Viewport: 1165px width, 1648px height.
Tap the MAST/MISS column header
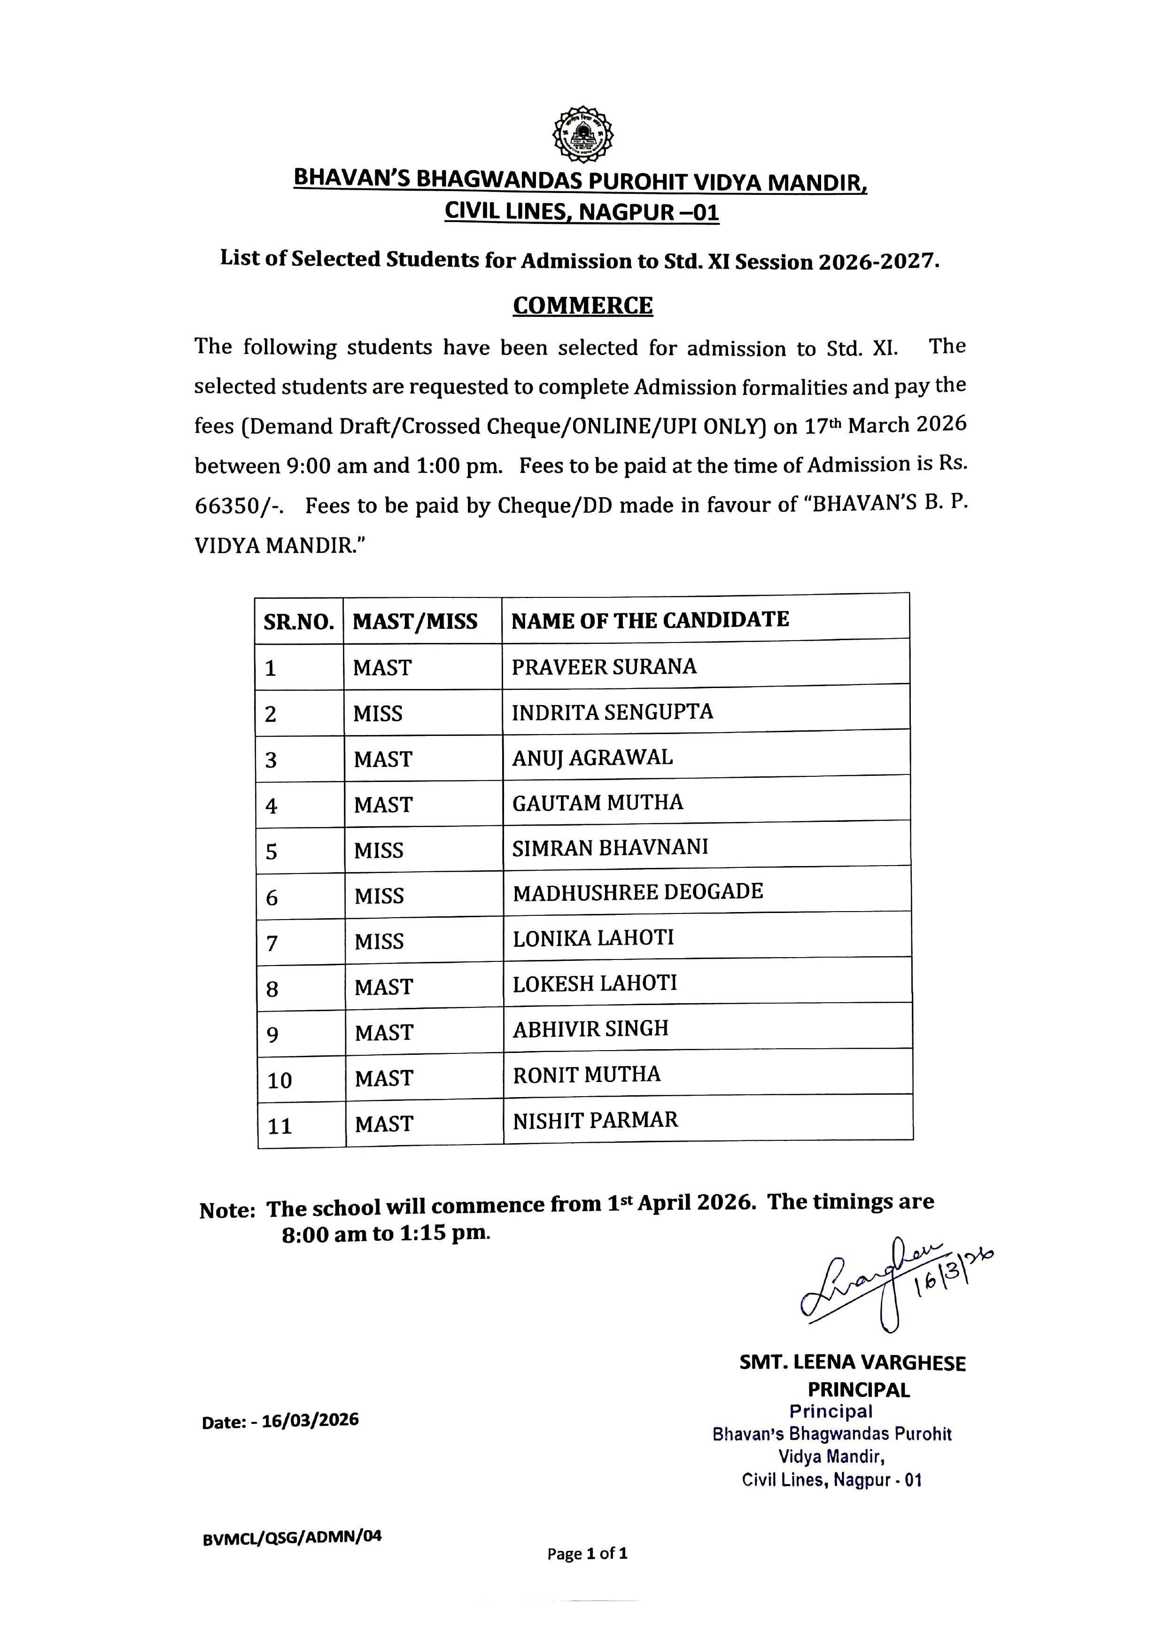415,621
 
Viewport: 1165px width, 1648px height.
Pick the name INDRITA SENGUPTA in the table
612,712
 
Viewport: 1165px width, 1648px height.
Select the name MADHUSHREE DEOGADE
637,891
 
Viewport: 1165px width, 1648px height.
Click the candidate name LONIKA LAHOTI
593,937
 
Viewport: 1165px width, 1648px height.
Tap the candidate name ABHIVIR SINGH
590,1029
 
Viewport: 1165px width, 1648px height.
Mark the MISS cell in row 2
378,713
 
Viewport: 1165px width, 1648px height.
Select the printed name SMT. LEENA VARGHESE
852,1363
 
